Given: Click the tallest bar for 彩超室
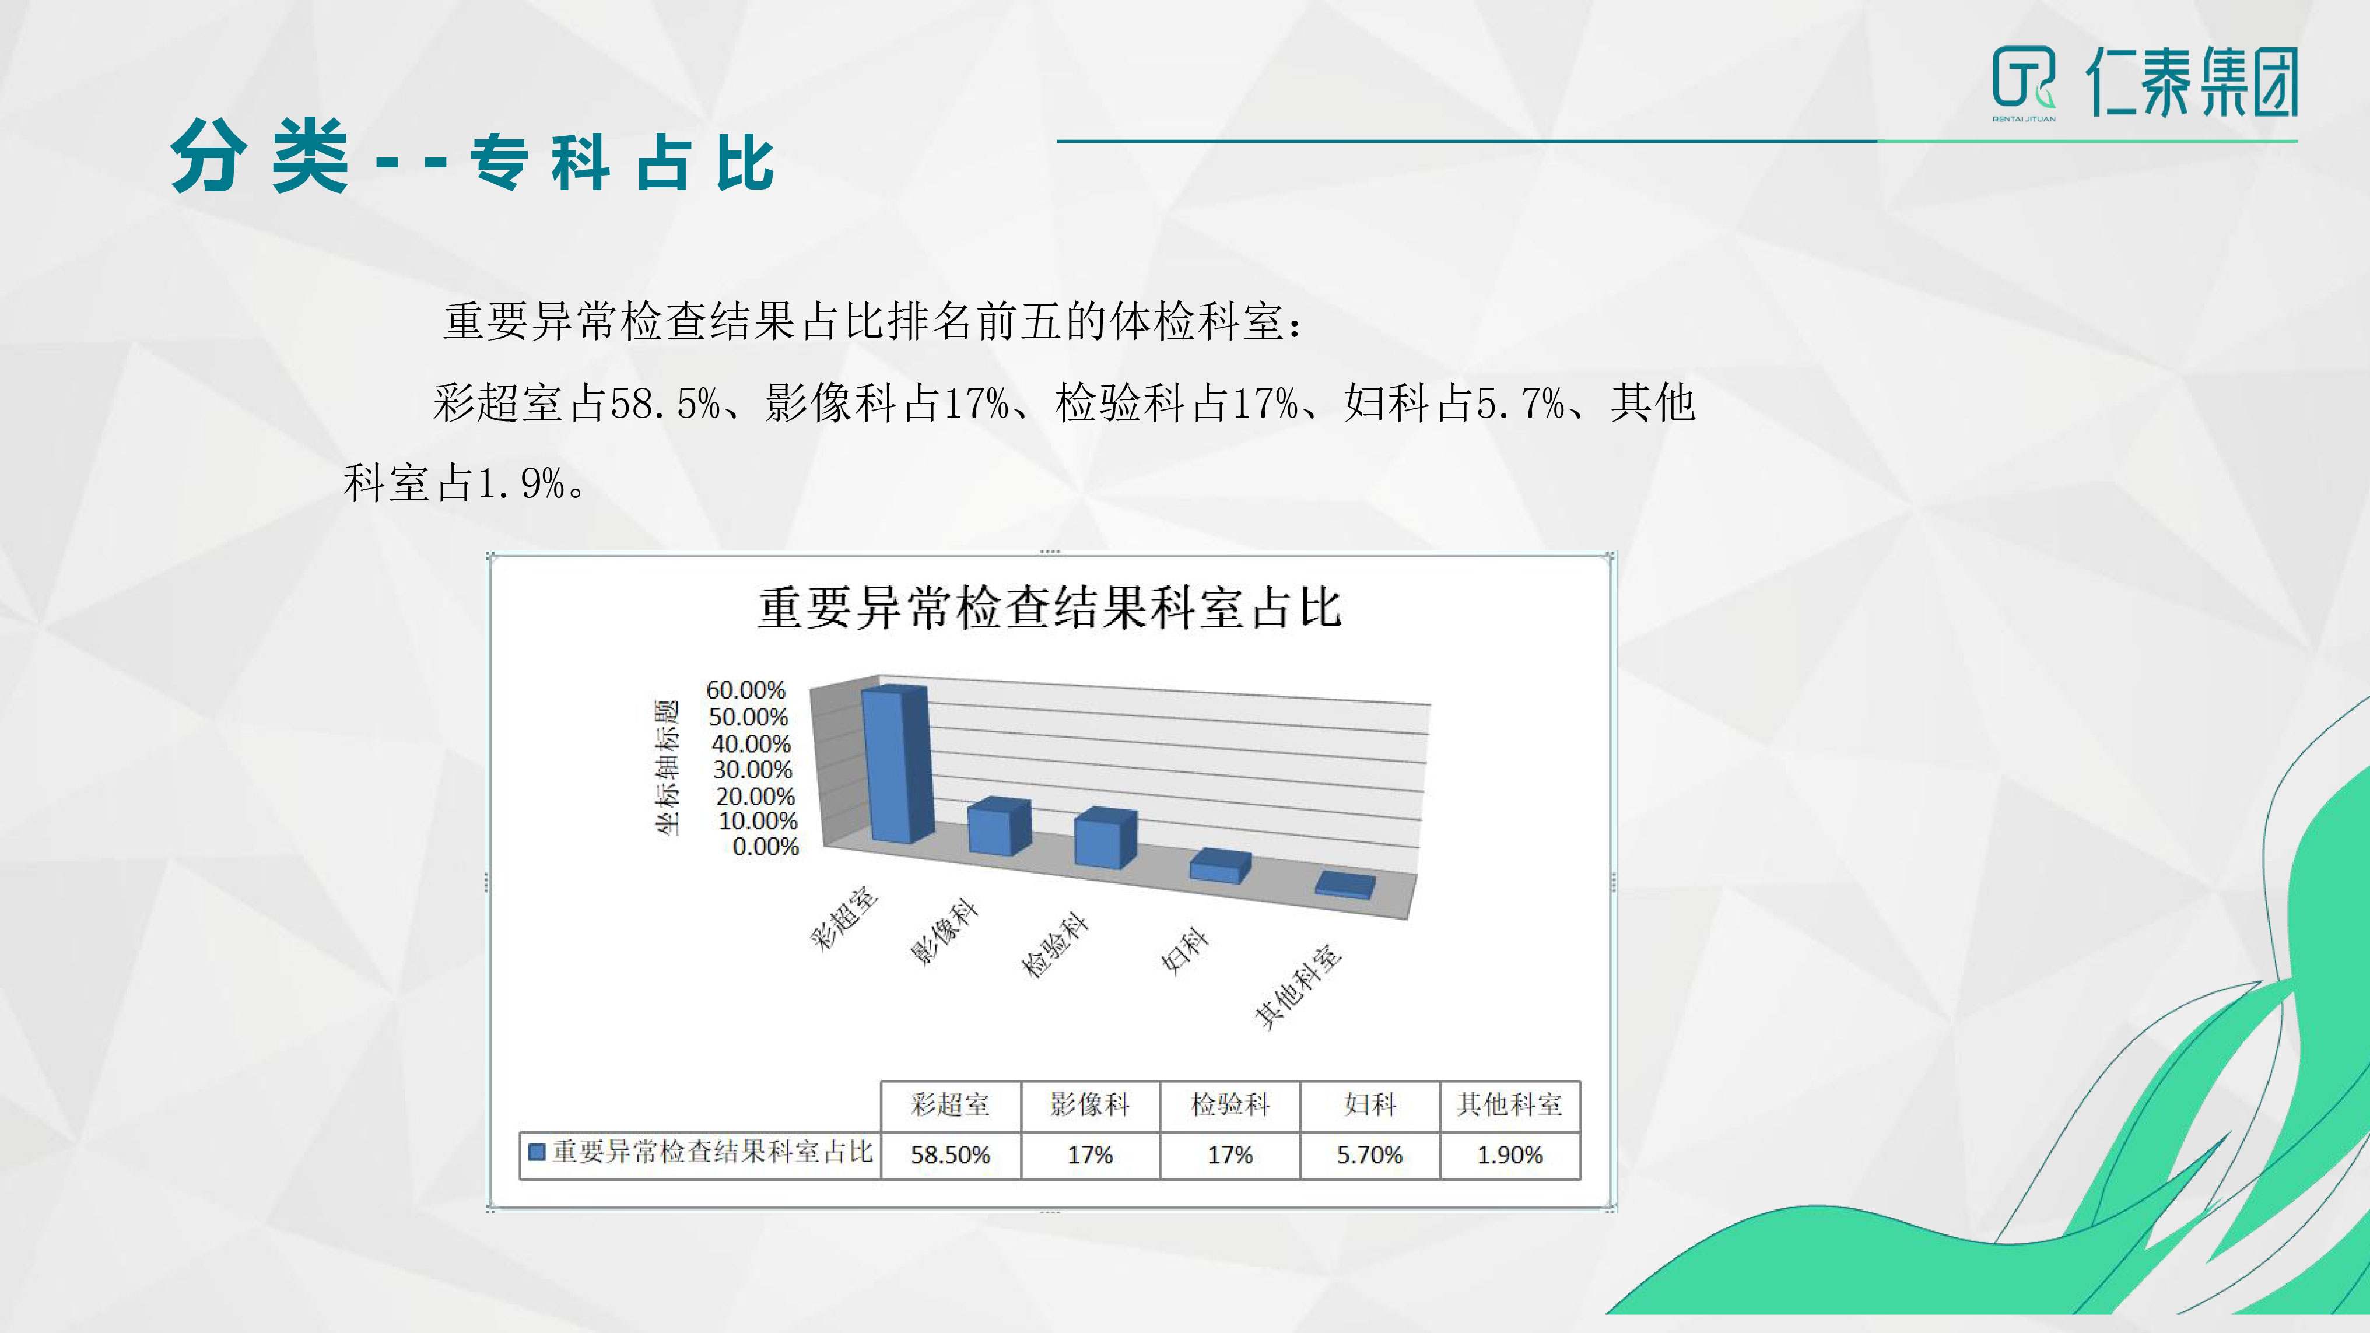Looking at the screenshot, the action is [x=897, y=766].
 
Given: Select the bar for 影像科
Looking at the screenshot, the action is [x=999, y=827].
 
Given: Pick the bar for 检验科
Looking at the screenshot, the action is [x=1105, y=838].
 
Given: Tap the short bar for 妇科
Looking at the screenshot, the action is [x=1220, y=867].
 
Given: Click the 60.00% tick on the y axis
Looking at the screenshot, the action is [x=745, y=690].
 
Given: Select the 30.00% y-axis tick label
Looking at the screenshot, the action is [x=752, y=770].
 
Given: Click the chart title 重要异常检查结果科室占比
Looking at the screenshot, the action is [x=1050, y=608].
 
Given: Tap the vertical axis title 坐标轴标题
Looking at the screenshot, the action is [x=668, y=767].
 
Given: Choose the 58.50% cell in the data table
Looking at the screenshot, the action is [x=951, y=1155].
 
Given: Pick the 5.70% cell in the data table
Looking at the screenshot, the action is [x=1370, y=1155].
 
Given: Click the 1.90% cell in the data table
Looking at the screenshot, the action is [x=1510, y=1155].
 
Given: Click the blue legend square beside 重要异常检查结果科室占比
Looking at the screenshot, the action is [x=537, y=1152].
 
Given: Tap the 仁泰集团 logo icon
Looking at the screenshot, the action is [x=2023, y=81].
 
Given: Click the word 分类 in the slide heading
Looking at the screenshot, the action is [x=260, y=156].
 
